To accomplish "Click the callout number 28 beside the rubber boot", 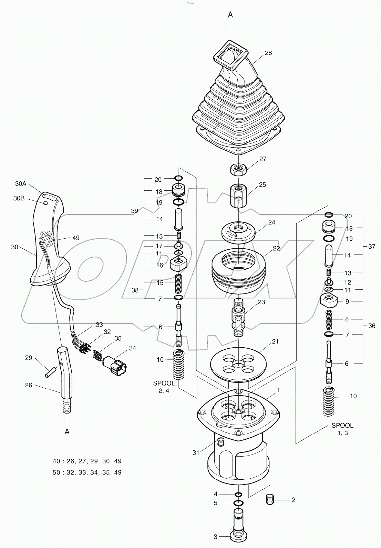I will point(268,53).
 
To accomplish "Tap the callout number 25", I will point(262,185).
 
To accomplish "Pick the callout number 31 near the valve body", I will point(196,452).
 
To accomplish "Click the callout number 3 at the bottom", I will point(216,537).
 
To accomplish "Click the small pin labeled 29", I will point(50,373).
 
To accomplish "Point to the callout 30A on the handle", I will point(21,184).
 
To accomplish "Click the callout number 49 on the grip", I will point(75,238).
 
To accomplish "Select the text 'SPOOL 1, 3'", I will point(342,429).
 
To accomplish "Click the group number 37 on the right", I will point(371,247).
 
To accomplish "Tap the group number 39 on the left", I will point(134,211).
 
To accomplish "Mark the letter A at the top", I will point(230,14).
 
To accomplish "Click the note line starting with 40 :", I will point(87,461).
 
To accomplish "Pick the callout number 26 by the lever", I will point(29,385).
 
